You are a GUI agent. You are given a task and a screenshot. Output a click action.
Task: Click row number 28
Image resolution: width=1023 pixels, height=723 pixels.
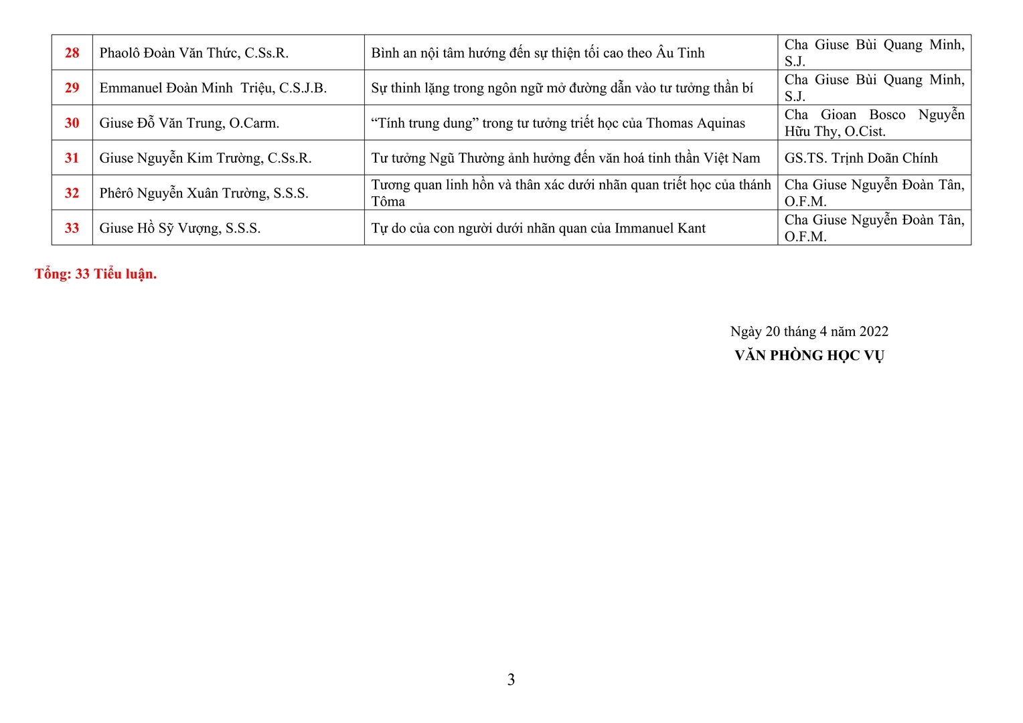pos(72,53)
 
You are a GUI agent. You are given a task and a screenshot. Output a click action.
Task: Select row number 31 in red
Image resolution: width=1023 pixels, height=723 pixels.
pos(72,158)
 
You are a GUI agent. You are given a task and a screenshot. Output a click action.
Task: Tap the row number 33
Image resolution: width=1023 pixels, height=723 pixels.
pos(72,228)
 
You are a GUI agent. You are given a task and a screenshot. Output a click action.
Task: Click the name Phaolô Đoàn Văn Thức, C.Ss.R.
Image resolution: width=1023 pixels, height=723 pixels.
pos(193,53)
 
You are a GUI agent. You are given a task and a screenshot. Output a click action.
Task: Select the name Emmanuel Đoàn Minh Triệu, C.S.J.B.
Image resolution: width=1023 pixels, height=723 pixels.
pos(213,88)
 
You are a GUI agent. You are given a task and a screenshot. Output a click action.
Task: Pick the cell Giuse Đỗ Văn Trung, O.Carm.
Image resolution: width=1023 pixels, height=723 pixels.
pos(189,123)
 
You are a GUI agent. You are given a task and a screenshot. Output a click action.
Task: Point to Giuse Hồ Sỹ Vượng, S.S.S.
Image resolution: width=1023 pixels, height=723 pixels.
pos(179,228)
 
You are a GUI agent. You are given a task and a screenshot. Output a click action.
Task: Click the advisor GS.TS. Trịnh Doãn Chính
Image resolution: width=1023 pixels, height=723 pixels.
pos(861,158)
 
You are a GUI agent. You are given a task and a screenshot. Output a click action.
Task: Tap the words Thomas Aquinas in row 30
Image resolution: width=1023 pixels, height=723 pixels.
pos(695,123)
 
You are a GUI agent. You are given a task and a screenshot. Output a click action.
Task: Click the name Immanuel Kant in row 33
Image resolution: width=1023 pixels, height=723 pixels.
pos(659,228)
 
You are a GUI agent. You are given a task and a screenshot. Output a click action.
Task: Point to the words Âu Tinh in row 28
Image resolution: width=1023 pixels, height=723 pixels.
pos(680,53)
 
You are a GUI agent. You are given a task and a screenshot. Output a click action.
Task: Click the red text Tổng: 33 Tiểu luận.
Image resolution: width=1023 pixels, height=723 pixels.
pos(96,274)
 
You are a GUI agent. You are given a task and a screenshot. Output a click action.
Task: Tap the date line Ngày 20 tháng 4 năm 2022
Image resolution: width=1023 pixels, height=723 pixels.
pos(809,331)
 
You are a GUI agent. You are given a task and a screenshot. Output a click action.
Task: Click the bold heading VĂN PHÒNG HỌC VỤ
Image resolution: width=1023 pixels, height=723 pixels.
pos(809,355)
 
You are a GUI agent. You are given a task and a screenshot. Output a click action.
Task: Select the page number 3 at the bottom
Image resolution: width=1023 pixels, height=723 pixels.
pos(511,680)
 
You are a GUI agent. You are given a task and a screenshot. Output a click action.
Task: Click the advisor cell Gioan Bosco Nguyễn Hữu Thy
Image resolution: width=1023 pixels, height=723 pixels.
pos(874,123)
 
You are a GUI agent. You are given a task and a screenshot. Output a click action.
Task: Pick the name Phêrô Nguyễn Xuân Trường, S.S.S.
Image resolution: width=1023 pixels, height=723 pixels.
pos(204,193)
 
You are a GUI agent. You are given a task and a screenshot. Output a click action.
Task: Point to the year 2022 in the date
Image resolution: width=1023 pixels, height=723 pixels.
pos(873,331)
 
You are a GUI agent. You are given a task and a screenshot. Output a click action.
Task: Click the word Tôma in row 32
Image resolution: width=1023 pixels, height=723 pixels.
pos(388,202)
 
